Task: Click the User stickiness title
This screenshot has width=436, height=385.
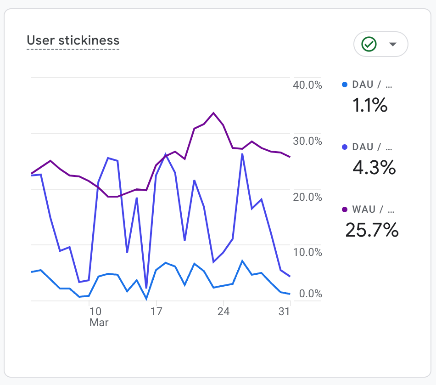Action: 73,40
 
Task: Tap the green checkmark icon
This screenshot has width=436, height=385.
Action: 369,44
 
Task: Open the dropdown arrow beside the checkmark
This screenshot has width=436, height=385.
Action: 392,44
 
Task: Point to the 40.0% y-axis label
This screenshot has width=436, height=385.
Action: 307,85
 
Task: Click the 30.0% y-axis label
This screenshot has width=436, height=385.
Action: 307,141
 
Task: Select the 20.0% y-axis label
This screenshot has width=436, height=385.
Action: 307,197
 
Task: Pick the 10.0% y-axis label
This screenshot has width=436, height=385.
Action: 307,252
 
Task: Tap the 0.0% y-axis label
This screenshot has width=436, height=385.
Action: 310,294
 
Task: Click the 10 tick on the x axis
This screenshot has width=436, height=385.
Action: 95,311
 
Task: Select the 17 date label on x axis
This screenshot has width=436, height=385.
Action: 157,311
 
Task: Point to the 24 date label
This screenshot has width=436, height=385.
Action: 223,311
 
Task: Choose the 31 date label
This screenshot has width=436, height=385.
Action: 285,311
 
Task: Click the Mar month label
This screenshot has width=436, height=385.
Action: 99,323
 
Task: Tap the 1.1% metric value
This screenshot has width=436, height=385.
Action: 370,106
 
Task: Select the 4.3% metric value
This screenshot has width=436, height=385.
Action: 374,168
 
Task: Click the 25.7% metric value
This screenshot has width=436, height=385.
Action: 372,230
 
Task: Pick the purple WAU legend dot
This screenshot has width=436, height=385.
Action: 345,209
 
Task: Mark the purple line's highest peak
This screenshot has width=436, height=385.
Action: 213,113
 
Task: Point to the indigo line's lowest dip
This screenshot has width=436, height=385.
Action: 146,288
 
